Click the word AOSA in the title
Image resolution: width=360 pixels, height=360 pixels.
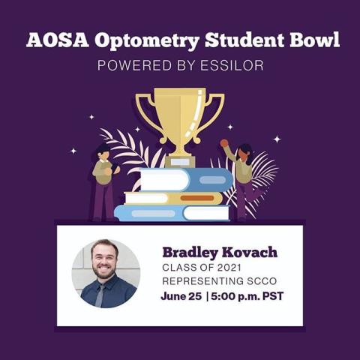click(58, 40)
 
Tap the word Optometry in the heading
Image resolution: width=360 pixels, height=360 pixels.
click(147, 41)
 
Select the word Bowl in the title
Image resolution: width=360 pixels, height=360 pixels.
click(315, 40)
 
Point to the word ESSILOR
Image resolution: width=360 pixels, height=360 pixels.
click(232, 65)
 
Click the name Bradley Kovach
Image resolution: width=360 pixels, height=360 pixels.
click(220, 253)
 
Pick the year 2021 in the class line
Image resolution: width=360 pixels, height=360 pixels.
click(229, 268)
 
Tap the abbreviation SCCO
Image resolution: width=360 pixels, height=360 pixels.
click(262, 281)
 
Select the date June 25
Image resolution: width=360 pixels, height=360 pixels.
click(181, 296)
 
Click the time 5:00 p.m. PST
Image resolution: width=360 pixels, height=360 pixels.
click(247, 297)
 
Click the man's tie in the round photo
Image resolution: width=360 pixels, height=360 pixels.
click(100, 295)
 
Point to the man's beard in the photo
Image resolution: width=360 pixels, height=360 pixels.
click(104, 271)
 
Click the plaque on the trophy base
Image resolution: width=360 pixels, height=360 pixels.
click(180, 162)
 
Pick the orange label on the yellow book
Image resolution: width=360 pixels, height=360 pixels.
click(197, 198)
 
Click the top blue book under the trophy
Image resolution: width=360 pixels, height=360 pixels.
click(187, 180)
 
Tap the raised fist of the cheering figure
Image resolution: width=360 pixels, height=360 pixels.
click(224, 143)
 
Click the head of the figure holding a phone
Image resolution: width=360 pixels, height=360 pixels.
click(103, 151)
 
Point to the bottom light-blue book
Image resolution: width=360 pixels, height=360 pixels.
click(172, 213)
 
